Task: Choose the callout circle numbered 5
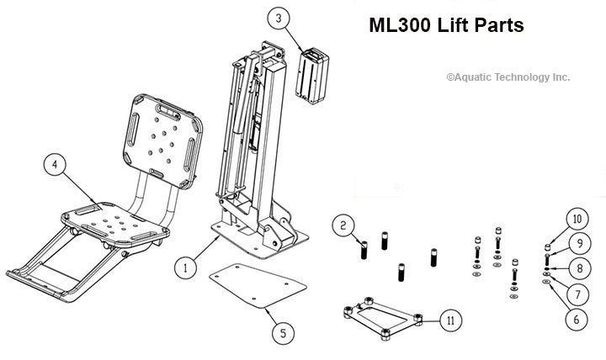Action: pos(282,332)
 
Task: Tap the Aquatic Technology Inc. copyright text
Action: pos(508,77)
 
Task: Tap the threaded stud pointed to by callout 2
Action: pos(364,250)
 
